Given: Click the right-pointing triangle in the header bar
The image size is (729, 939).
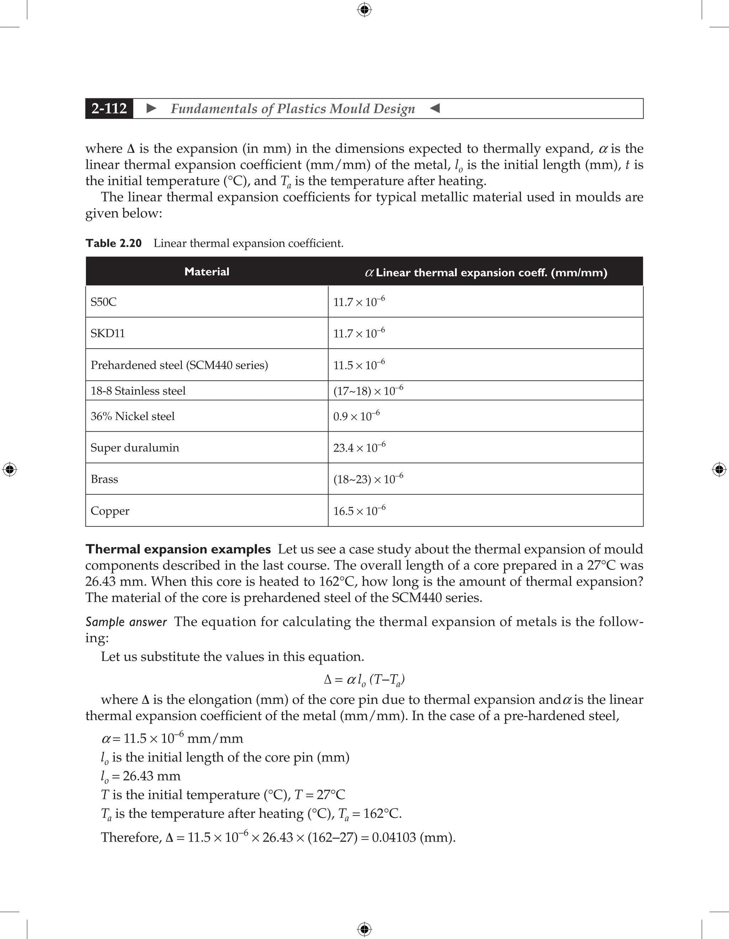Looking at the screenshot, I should point(151,108).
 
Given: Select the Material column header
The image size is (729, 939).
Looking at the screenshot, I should point(206,272).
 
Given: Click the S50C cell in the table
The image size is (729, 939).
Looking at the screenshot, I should point(104,302).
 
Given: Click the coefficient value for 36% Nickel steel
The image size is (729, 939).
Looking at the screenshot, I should point(356,416).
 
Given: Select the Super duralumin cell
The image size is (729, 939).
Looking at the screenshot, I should point(135,447).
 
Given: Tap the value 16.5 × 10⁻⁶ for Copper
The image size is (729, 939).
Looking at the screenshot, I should point(359,511).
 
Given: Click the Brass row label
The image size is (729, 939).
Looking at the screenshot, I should point(104,479).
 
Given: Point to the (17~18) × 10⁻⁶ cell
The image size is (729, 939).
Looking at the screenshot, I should point(368,391).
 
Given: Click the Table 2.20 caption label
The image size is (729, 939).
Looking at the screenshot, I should point(114,243).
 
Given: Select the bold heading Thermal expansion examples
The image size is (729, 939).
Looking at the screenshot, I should point(178,549).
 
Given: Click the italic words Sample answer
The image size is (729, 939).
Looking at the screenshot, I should point(126,622).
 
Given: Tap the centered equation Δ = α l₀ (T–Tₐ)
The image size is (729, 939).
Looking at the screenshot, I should point(364,679).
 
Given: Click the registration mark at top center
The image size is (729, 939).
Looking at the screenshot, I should point(364,10).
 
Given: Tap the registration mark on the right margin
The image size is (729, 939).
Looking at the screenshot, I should point(719,469).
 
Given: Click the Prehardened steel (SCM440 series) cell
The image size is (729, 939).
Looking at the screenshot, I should point(179,365).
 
